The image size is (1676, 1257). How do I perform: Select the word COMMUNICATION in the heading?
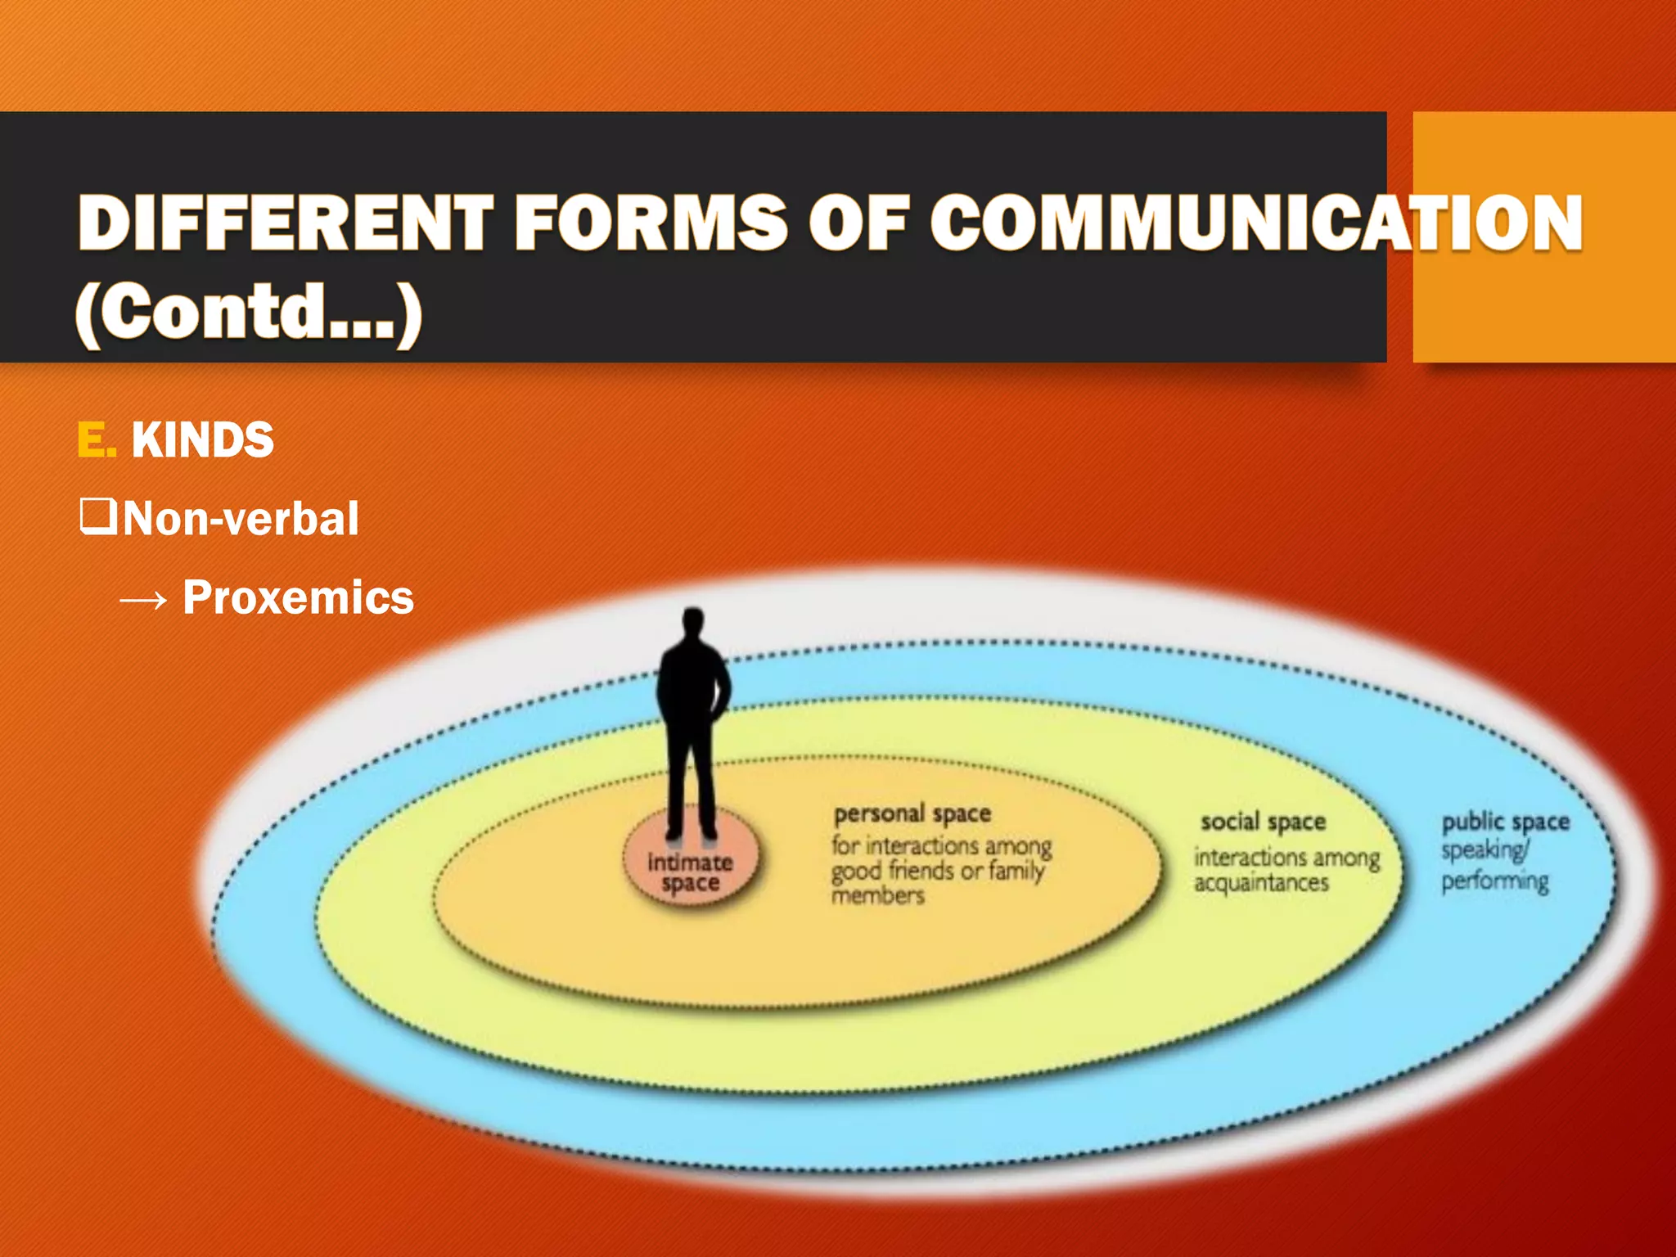point(1256,223)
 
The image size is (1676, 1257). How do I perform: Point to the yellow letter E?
point(96,440)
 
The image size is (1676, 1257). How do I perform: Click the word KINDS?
point(202,440)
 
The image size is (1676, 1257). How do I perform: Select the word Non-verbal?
point(241,519)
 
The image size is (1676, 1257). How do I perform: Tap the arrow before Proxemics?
point(143,601)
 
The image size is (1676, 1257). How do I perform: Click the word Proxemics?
point(299,597)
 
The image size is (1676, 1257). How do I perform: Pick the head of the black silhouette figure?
point(693,620)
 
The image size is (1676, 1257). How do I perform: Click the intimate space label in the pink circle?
point(690,872)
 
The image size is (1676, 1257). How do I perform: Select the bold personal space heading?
point(912,813)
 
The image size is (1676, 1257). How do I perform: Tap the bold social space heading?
point(1263,822)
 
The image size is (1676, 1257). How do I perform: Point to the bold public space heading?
point(1505,822)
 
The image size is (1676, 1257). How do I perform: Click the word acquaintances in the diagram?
point(1261,883)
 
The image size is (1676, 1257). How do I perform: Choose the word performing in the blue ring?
point(1495,881)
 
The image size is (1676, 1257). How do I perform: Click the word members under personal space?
point(878,896)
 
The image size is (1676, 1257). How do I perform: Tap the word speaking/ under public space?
point(1485,851)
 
